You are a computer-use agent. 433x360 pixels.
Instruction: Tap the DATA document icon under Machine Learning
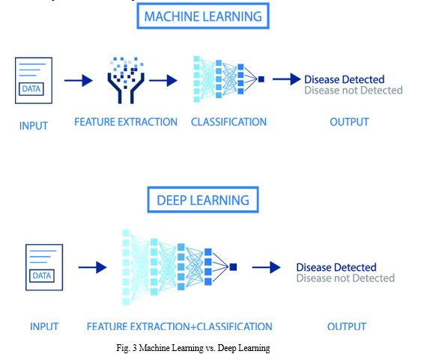coord(34,81)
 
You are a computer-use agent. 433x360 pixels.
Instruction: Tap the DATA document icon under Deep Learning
coord(44,267)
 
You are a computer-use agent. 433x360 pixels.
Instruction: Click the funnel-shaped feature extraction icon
coord(126,80)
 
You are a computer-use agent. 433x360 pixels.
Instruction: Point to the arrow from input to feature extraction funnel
coord(79,81)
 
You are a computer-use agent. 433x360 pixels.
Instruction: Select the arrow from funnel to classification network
coord(163,81)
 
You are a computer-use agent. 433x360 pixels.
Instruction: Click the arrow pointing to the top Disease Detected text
coord(287,79)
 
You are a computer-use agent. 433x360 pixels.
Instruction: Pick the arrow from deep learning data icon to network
coord(92,267)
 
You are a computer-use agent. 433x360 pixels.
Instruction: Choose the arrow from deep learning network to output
coord(267,267)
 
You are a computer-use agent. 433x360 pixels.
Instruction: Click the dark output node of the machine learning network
coord(261,79)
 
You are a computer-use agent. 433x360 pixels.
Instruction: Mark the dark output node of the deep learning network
coord(233,267)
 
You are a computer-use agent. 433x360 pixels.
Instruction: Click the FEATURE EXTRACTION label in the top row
coord(126,122)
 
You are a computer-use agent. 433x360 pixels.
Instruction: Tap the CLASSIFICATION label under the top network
coord(228,122)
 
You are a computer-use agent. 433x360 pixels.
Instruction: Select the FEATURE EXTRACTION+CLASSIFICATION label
coord(180,326)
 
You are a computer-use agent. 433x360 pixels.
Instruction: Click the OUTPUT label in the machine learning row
coord(349,122)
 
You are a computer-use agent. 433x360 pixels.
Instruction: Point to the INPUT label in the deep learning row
coord(44,326)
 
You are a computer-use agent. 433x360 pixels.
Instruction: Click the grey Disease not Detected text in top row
coord(354,91)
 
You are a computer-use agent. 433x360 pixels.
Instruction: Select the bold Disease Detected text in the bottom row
coord(336,267)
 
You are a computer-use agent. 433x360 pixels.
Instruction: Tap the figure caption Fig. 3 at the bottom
coord(193,348)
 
